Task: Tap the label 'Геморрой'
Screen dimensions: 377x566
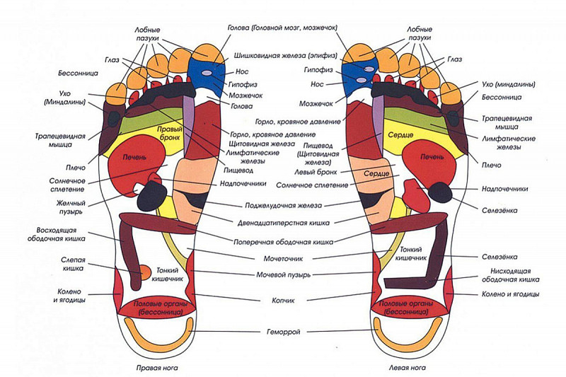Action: [284, 332]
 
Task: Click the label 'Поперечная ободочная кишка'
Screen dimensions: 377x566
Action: [283, 240]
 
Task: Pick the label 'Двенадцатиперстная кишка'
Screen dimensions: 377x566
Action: [282, 224]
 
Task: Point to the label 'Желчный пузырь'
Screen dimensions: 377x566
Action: [70, 206]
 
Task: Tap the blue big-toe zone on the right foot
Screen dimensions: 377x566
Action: [206, 71]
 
